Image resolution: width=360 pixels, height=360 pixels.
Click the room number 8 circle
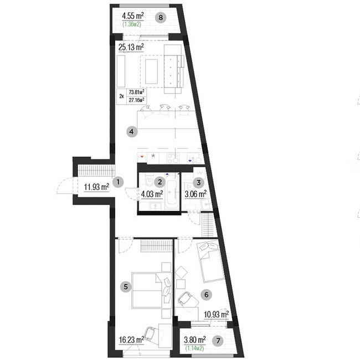click(x=161, y=17)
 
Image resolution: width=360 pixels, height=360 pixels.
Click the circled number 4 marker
click(x=131, y=132)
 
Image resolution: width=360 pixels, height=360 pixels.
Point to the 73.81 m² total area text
click(x=136, y=92)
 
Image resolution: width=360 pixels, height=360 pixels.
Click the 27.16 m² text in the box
click(x=136, y=100)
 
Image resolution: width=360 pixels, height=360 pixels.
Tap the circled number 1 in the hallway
click(x=117, y=182)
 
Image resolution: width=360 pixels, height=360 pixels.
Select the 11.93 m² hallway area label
click(x=96, y=187)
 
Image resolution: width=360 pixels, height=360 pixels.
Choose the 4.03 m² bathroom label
click(x=151, y=194)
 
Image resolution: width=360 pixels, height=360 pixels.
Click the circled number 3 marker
click(x=198, y=182)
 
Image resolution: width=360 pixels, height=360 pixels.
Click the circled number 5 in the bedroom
click(x=126, y=286)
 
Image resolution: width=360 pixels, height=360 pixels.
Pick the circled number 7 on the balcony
click(x=218, y=339)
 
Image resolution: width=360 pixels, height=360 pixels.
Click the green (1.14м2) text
click(x=194, y=349)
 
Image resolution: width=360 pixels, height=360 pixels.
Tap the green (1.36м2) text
click(x=131, y=25)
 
